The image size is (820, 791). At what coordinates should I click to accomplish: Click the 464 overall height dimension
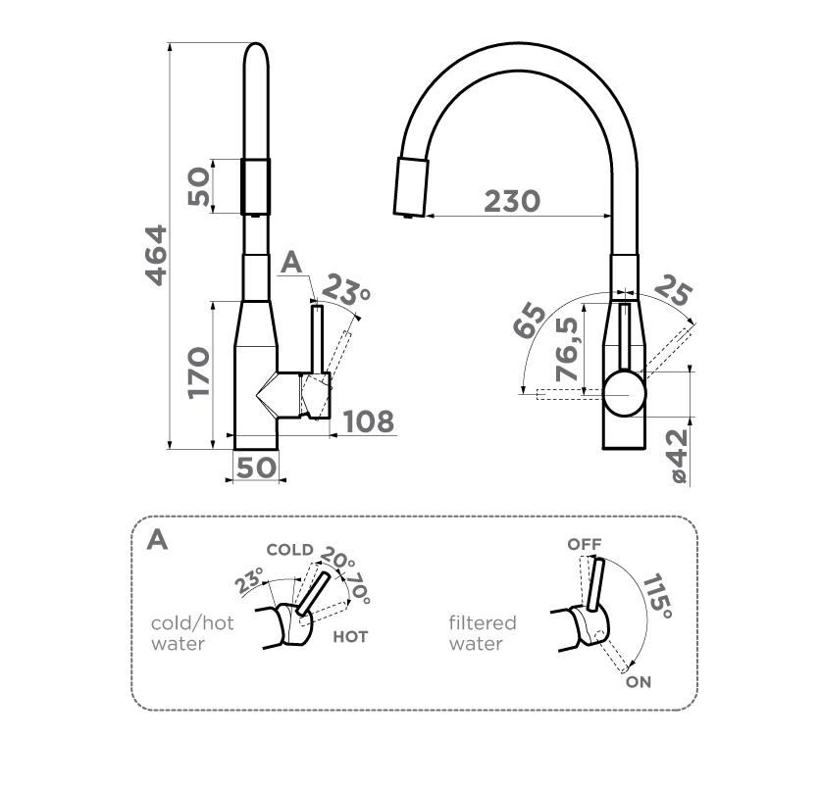point(155,256)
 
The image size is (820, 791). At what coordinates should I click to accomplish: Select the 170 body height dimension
point(199,371)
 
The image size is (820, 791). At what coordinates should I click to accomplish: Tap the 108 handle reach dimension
point(369,421)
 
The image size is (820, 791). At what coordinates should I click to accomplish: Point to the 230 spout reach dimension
point(511,200)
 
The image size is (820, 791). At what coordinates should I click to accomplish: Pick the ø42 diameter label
point(676,452)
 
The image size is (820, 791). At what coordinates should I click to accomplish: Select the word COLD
point(289,550)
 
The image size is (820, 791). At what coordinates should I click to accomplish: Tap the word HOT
point(350,637)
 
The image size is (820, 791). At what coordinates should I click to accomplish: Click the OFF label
point(584,544)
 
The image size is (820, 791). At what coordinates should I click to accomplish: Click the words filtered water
point(482,633)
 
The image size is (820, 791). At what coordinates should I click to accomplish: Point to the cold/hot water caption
point(192,633)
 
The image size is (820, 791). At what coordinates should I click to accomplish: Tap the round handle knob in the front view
point(624,394)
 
